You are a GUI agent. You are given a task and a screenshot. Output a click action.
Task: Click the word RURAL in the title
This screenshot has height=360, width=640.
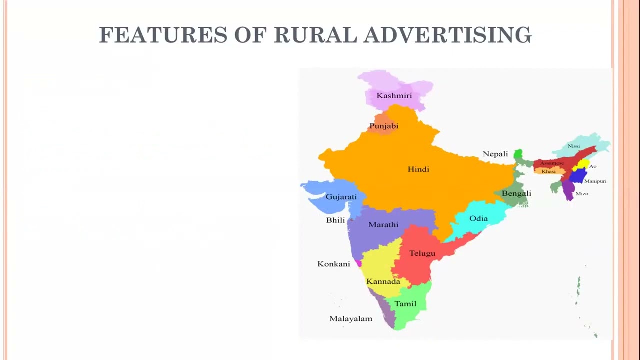tap(316, 35)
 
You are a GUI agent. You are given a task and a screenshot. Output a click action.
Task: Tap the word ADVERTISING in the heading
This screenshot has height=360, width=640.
tap(447, 35)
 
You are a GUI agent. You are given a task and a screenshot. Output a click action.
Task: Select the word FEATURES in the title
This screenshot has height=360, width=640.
tap(163, 35)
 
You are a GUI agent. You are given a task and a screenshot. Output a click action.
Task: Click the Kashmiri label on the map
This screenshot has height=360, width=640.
tap(394, 96)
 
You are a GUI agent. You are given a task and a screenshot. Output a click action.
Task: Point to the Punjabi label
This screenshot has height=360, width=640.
tap(384, 126)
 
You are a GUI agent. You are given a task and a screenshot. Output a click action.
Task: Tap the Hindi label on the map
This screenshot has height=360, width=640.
tap(418, 169)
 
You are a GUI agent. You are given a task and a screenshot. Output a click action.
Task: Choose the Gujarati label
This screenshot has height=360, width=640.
tap(341, 197)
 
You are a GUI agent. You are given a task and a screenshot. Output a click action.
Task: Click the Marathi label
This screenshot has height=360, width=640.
tap(383, 225)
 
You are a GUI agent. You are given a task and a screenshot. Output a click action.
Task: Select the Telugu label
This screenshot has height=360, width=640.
tap(422, 253)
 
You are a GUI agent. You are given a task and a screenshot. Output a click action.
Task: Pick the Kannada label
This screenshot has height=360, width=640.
tap(383, 282)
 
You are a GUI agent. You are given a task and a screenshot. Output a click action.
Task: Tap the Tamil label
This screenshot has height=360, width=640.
tap(405, 304)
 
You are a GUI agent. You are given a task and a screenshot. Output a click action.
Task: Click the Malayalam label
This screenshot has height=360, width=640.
tap(351, 319)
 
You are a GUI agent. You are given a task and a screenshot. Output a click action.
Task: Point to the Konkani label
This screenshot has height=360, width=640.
tap(334, 264)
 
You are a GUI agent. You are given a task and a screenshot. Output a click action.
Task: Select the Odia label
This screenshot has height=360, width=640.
tap(478, 219)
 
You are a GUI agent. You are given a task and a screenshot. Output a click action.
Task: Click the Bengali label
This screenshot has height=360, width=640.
tap(516, 194)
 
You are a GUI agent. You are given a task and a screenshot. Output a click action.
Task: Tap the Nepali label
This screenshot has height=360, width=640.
tap(495, 154)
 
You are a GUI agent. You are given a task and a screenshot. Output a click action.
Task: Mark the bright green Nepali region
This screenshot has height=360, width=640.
tap(518, 154)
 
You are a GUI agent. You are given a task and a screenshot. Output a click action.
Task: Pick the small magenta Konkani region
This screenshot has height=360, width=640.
tap(358, 263)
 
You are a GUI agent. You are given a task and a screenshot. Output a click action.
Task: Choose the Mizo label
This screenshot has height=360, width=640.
tap(582, 194)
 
